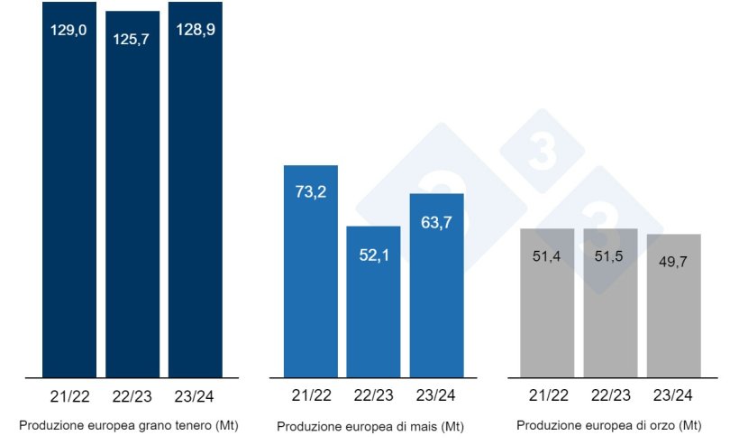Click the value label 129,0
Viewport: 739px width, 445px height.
69,30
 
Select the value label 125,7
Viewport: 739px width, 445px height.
132,40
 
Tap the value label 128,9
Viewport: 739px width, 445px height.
196,30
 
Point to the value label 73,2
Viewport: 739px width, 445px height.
310,192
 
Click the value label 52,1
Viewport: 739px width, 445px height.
373,255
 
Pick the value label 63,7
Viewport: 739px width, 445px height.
436,221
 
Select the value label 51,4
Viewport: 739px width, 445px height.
547,257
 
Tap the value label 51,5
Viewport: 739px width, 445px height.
610,257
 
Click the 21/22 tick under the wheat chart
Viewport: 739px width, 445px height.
69,395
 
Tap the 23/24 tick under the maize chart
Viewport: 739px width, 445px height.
436,395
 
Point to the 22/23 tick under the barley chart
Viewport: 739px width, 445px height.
610,395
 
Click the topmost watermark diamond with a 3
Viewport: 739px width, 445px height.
542,152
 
